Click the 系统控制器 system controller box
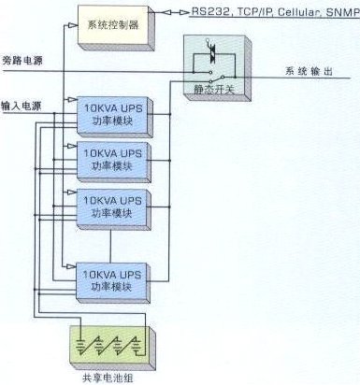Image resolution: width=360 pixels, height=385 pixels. (x=115, y=21)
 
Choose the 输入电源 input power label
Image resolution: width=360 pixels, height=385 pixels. (x=21, y=106)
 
